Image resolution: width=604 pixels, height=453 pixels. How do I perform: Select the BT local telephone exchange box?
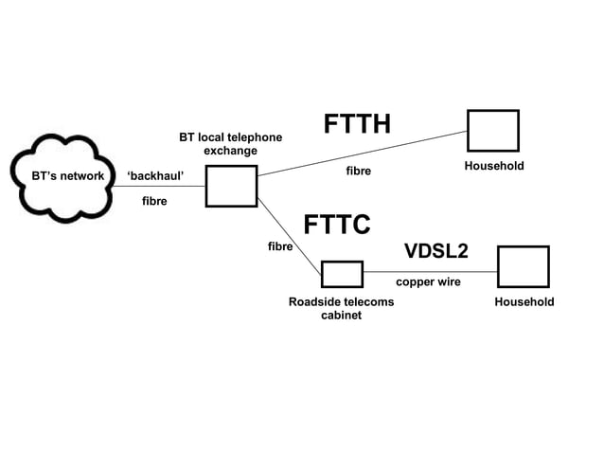click(x=231, y=186)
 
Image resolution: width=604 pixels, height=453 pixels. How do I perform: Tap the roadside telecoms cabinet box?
click(x=341, y=274)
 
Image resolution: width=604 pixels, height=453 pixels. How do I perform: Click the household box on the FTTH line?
click(x=492, y=131)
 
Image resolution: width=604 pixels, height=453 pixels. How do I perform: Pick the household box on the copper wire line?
click(x=524, y=266)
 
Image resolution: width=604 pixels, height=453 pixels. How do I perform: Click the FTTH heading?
click(x=357, y=125)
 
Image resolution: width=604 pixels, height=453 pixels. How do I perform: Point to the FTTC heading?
click(x=336, y=225)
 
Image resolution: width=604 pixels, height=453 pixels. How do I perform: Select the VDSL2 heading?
click(x=435, y=251)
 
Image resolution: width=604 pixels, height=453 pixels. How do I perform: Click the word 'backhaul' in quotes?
click(x=154, y=176)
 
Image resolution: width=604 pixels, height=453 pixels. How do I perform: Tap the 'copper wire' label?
click(x=428, y=281)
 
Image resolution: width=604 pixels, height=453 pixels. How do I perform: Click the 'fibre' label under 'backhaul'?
click(x=154, y=201)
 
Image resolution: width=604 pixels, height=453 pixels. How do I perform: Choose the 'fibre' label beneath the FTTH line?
click(x=357, y=172)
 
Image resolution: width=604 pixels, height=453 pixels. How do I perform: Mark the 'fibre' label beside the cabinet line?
click(x=279, y=246)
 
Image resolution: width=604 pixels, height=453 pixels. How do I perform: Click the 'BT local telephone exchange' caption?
click(x=230, y=144)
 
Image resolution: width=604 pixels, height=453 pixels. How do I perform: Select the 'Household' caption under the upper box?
click(x=493, y=166)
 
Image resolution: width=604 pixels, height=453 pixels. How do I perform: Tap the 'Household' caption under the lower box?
click(x=524, y=301)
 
